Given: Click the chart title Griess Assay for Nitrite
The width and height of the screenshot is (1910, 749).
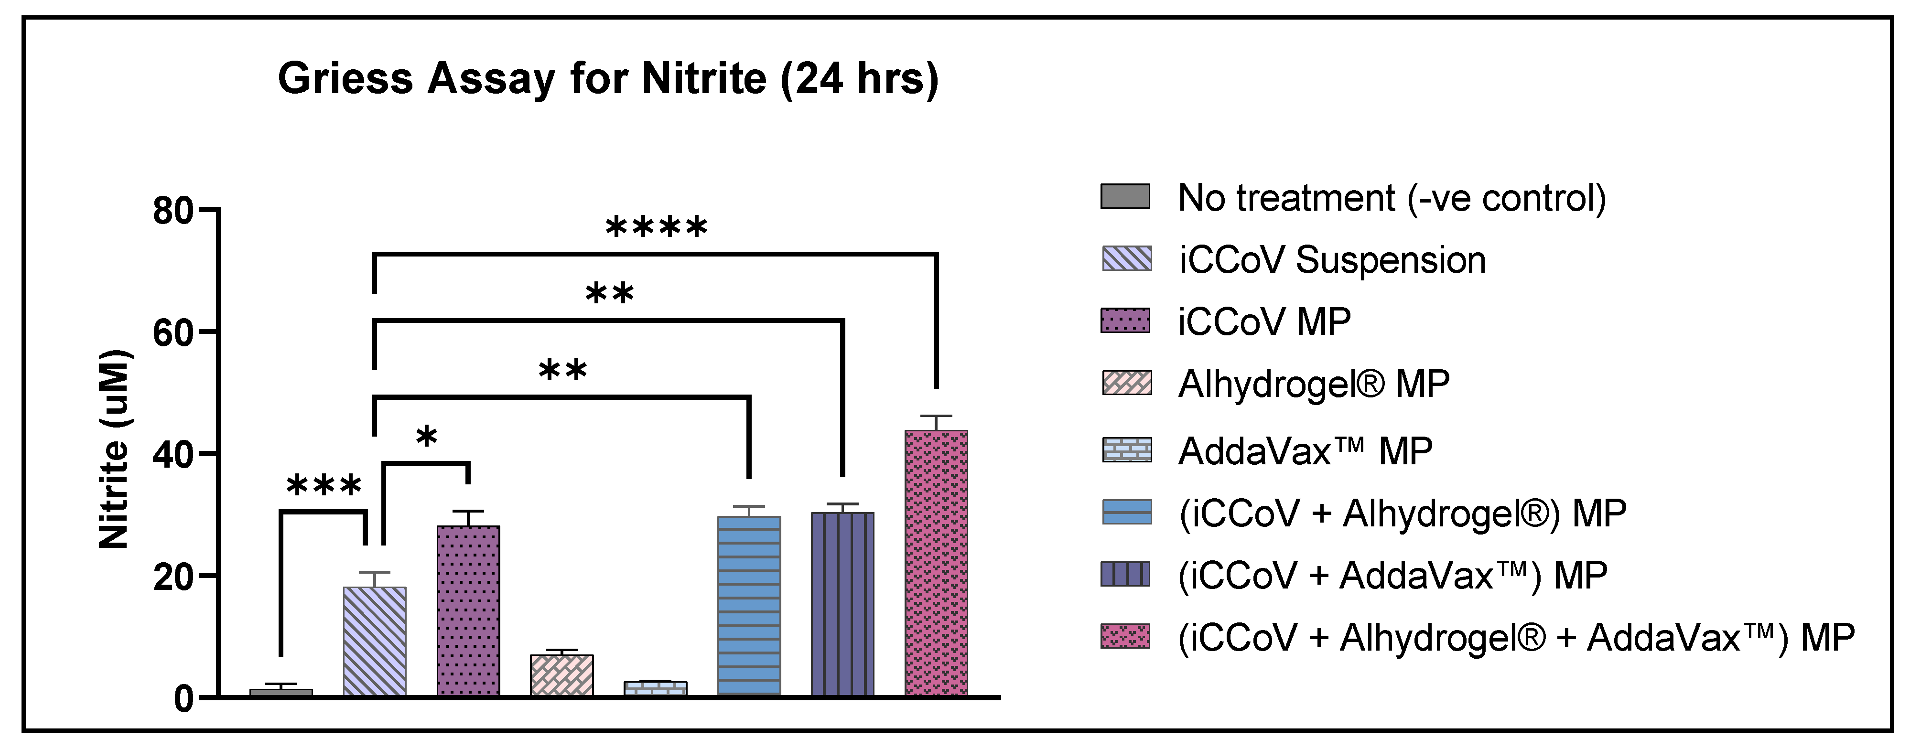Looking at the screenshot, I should tap(608, 78).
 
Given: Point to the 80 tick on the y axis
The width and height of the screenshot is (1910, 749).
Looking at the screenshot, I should tap(173, 211).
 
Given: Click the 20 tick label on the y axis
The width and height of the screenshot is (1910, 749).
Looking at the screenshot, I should tap(173, 577).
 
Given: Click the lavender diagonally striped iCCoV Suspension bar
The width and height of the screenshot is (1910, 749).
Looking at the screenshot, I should tap(375, 641).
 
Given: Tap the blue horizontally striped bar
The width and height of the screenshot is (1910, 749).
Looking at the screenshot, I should tap(749, 606).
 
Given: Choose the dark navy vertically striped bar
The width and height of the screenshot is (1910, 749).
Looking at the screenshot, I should tap(842, 604).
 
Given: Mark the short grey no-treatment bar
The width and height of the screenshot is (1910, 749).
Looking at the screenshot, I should tap(281, 692).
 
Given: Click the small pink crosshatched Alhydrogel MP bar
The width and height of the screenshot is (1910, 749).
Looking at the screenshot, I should tap(562, 675).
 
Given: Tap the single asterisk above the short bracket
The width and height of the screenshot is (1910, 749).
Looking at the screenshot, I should tap(426, 437).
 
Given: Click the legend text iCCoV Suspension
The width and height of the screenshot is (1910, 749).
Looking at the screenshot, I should tap(1332, 260).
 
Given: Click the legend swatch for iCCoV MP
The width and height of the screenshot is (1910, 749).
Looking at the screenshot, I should tap(1125, 321).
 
